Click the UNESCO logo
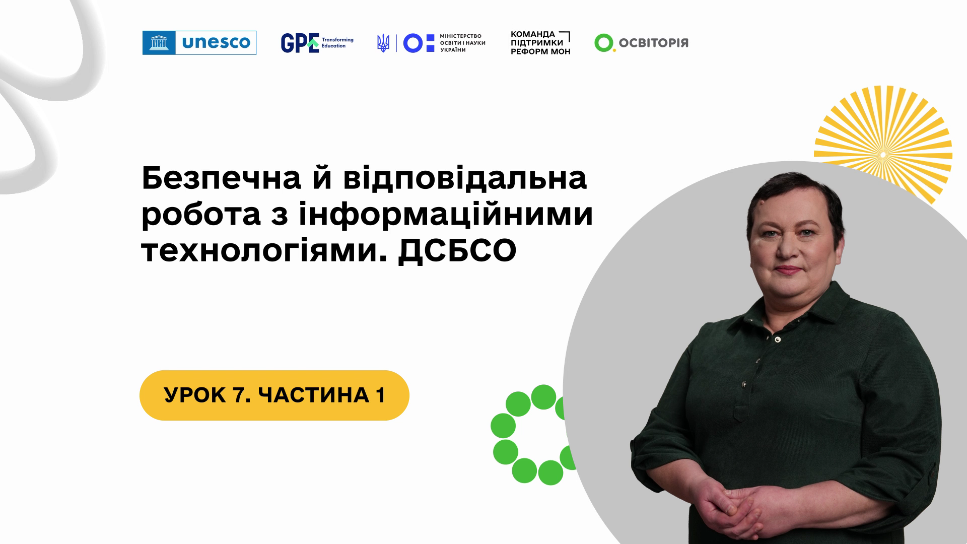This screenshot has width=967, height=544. coord(199,43)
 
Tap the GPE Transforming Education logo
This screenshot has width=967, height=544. coord(317,43)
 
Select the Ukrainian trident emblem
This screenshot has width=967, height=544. coord(383,43)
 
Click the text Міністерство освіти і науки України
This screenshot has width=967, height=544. coord(462,43)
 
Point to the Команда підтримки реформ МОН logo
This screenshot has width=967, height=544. coord(540,43)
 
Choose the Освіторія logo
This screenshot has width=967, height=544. coord(641,43)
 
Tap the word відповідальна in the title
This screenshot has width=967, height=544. coord(465,180)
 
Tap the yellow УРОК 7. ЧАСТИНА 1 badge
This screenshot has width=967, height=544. coord(274,395)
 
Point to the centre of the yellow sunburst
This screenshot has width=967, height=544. coord(882,154)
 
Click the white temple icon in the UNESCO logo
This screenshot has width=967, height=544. coord(159,43)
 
